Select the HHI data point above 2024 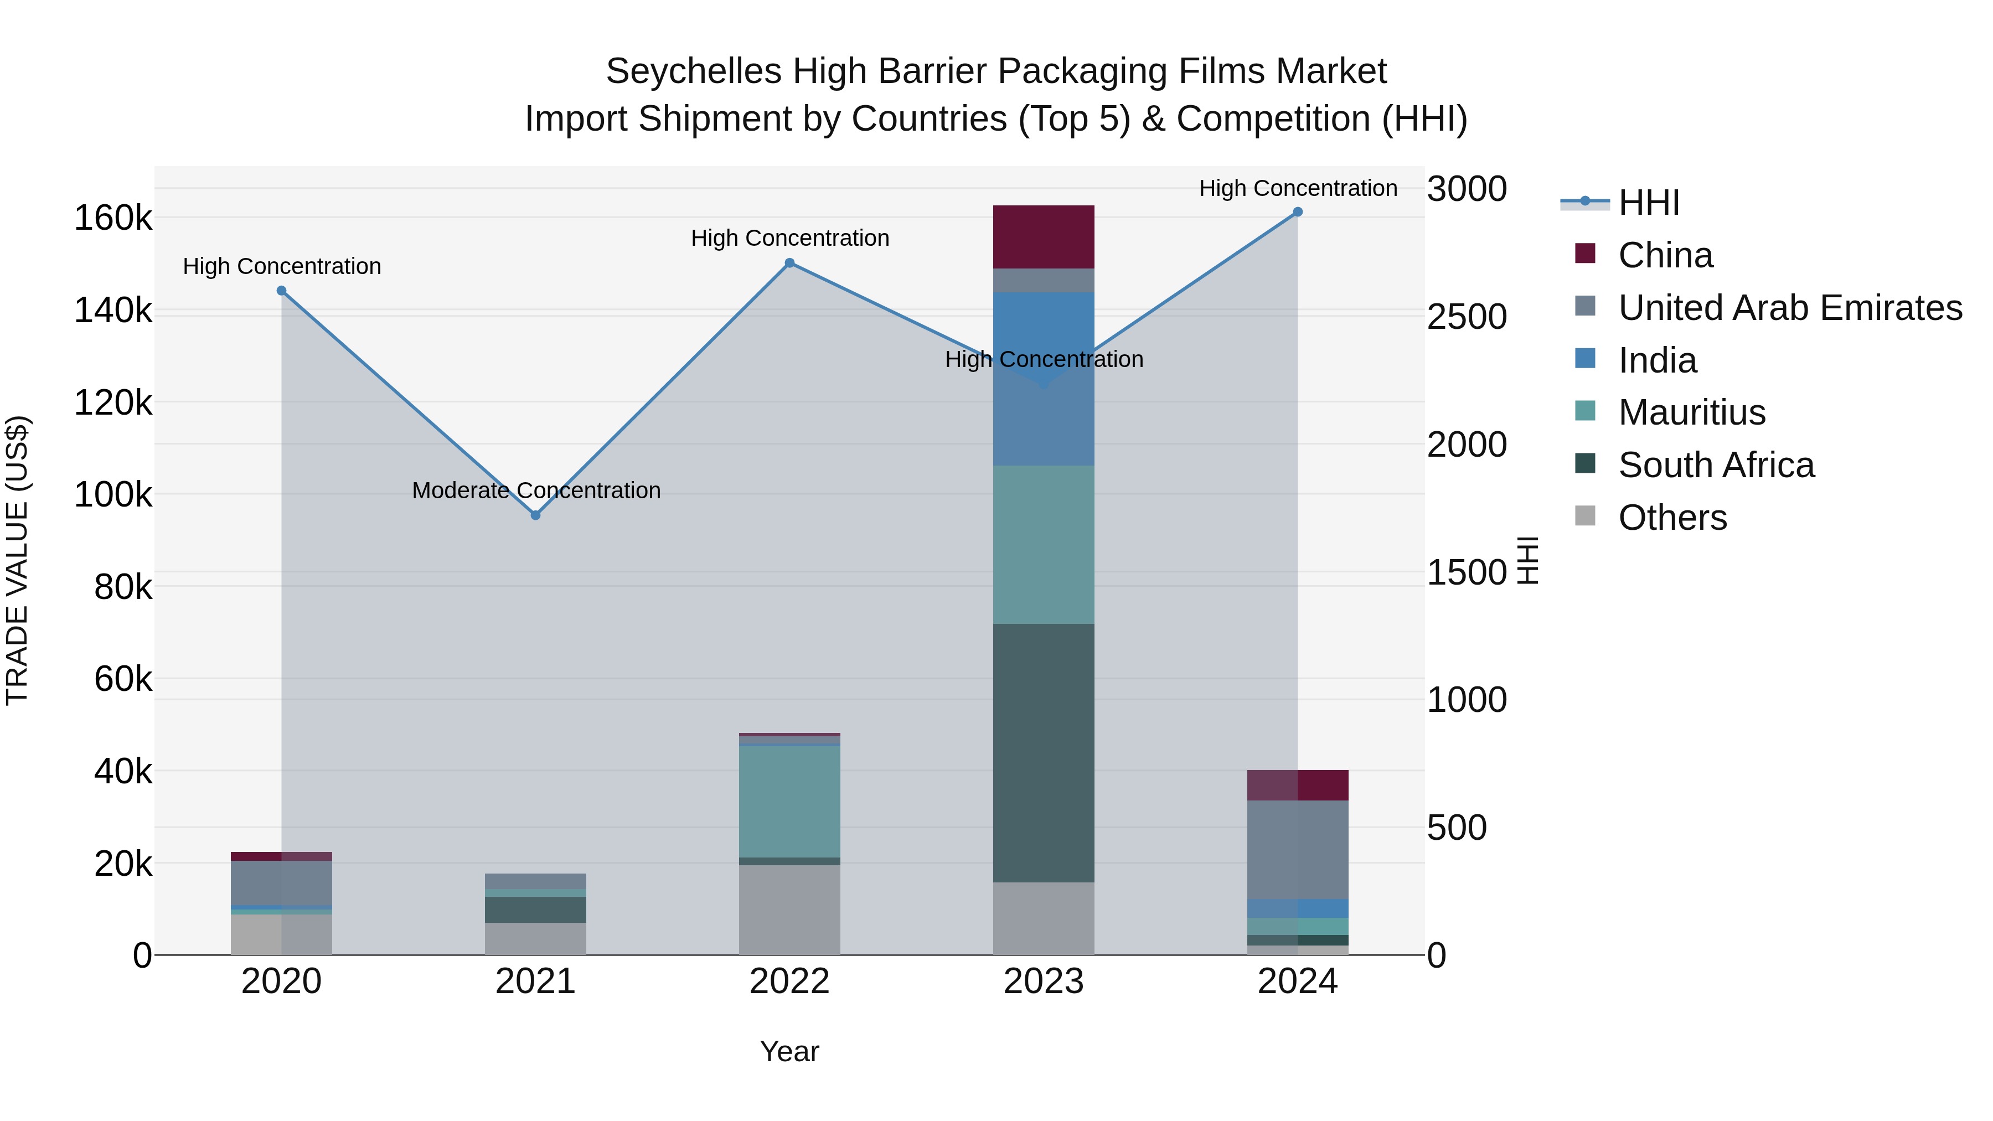[x=1298, y=212]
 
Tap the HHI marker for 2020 [x=282, y=291]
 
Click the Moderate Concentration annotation [x=536, y=490]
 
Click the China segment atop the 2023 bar [x=1044, y=237]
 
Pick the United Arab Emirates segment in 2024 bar [x=1298, y=849]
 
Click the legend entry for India [x=1656, y=360]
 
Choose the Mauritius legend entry [x=1691, y=412]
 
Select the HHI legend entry [x=1648, y=203]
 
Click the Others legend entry [x=1672, y=518]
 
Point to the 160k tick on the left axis [x=113, y=218]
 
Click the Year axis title [x=789, y=1051]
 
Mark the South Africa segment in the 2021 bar [x=535, y=909]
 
